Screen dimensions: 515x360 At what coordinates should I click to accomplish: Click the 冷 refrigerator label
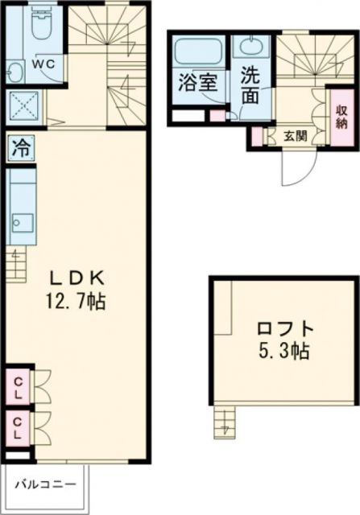point(19,149)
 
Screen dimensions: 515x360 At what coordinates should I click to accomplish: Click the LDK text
point(78,278)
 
